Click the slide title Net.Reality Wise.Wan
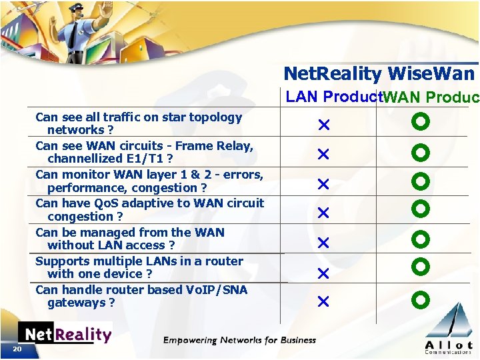[379, 73]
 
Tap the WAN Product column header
[431, 97]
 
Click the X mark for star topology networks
[323, 125]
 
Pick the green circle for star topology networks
[421, 123]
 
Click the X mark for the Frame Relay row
[323, 154]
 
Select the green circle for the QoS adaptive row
[421, 209]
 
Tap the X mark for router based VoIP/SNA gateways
[323, 302]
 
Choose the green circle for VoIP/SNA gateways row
[421, 299]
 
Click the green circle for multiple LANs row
[421, 267]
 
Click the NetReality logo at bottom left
[65, 334]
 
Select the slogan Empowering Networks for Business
[239, 340]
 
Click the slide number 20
[17, 349]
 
